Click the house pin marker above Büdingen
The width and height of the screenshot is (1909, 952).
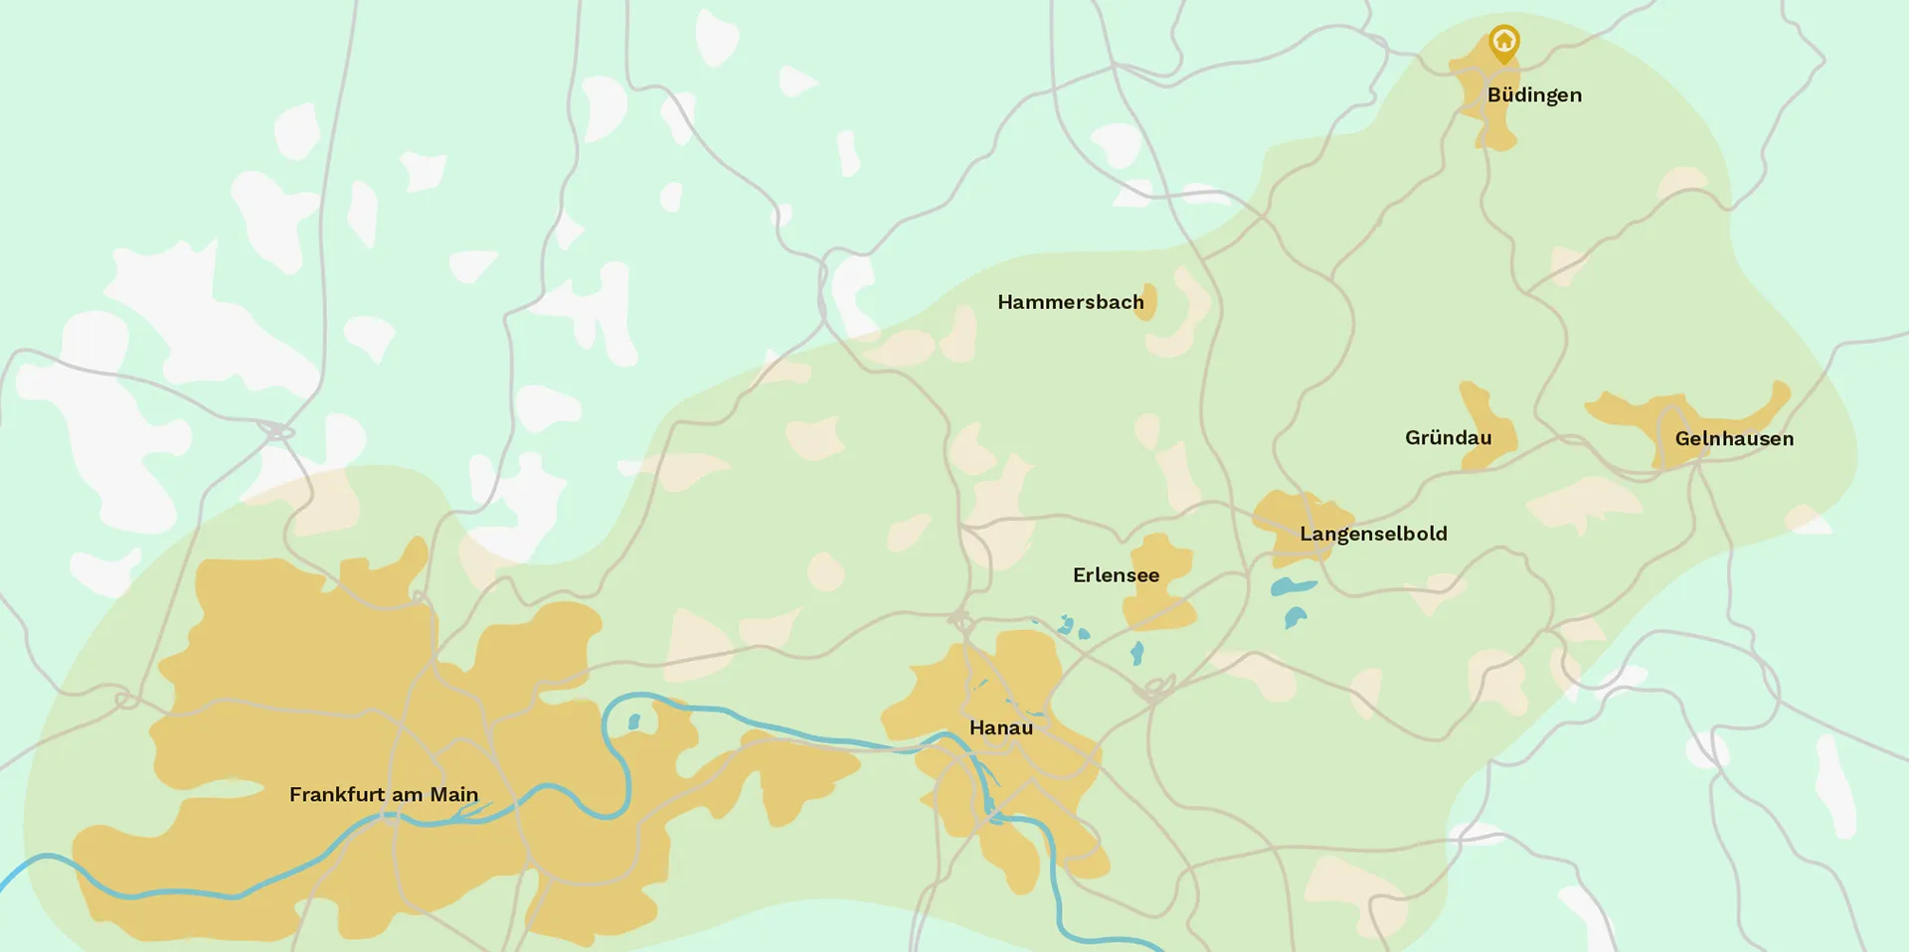pyautogui.click(x=1504, y=43)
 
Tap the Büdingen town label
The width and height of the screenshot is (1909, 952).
pyautogui.click(x=1534, y=95)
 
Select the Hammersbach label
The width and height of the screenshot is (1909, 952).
pyautogui.click(x=1070, y=302)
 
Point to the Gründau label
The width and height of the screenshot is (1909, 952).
pyautogui.click(x=1448, y=438)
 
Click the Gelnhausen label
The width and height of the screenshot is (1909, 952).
pyautogui.click(x=1734, y=439)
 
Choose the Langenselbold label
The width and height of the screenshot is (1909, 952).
pyautogui.click(x=1373, y=534)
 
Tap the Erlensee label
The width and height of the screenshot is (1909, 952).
pyautogui.click(x=1116, y=575)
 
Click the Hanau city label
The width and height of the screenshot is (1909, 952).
pyautogui.click(x=1000, y=728)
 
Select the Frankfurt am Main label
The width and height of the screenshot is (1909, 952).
pyautogui.click(x=384, y=795)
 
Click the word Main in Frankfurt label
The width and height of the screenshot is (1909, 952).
pyautogui.click(x=454, y=795)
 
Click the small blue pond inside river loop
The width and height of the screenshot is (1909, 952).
pyautogui.click(x=634, y=721)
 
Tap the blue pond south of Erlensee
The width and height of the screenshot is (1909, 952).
pyautogui.click(x=1137, y=653)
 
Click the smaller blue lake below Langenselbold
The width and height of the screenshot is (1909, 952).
pyautogui.click(x=1294, y=618)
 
